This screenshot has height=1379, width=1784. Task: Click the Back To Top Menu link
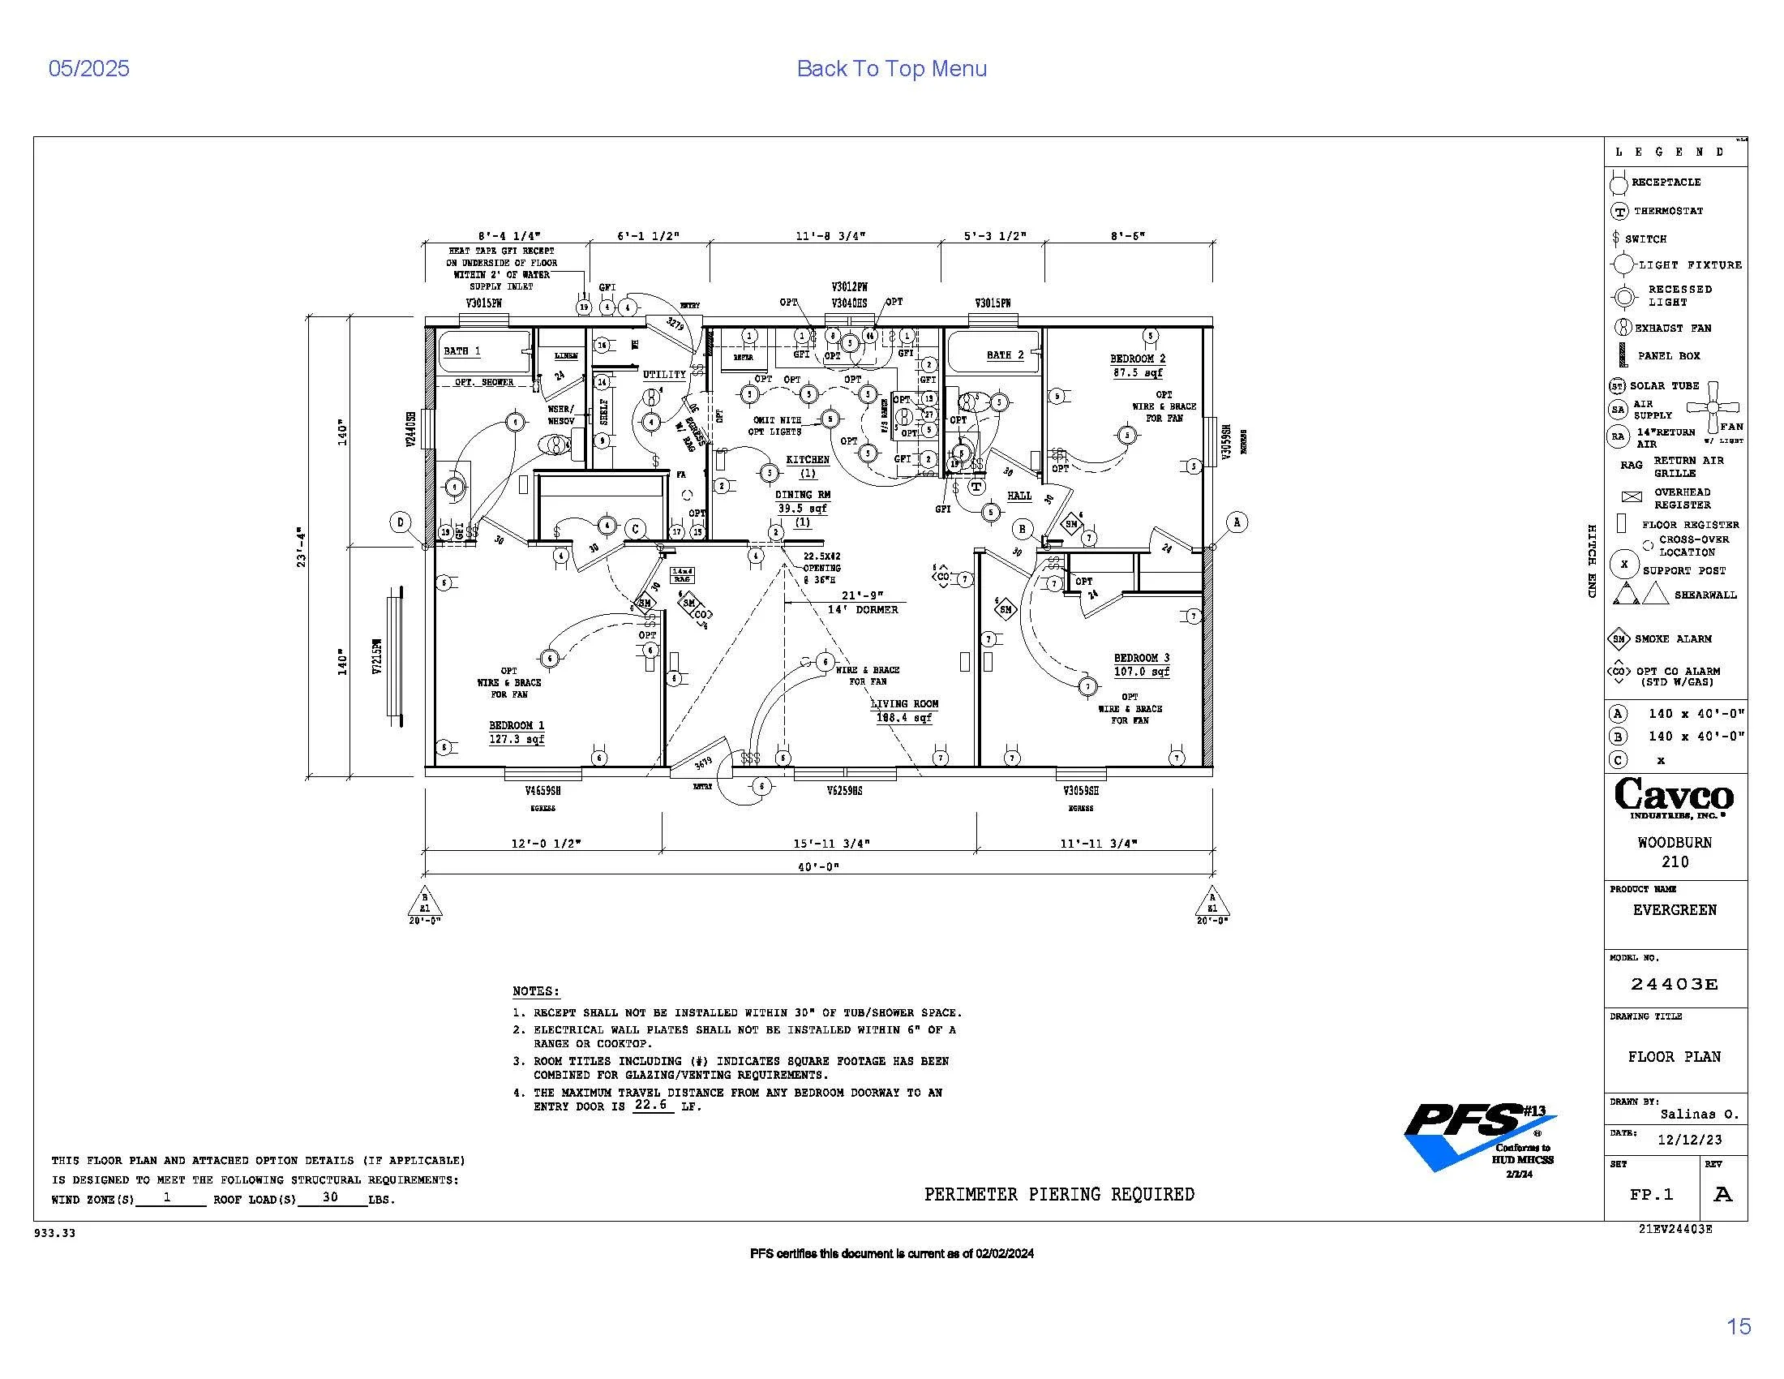click(x=891, y=69)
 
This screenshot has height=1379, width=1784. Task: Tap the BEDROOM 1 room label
click(x=517, y=725)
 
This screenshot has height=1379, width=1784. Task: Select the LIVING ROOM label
click(x=904, y=703)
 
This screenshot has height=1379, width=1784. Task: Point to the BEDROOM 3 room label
click(x=1141, y=658)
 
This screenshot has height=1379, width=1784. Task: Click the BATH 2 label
click(x=1005, y=354)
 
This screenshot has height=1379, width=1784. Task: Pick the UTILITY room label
click(x=664, y=375)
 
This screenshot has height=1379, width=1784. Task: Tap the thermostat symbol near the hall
click(x=976, y=487)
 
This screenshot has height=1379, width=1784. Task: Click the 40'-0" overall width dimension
click(x=818, y=866)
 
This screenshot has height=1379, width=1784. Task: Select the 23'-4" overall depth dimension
click(x=302, y=547)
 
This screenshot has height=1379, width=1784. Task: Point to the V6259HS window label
click(x=844, y=791)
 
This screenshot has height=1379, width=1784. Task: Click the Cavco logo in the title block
click(x=1674, y=797)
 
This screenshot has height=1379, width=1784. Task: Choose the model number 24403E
click(x=1675, y=985)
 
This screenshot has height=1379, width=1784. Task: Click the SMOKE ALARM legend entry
click(x=1672, y=639)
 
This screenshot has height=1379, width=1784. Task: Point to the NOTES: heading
click(x=536, y=991)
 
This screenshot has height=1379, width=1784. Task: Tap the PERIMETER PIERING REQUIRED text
click(x=1058, y=1194)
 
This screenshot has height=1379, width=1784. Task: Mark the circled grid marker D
click(x=401, y=522)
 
